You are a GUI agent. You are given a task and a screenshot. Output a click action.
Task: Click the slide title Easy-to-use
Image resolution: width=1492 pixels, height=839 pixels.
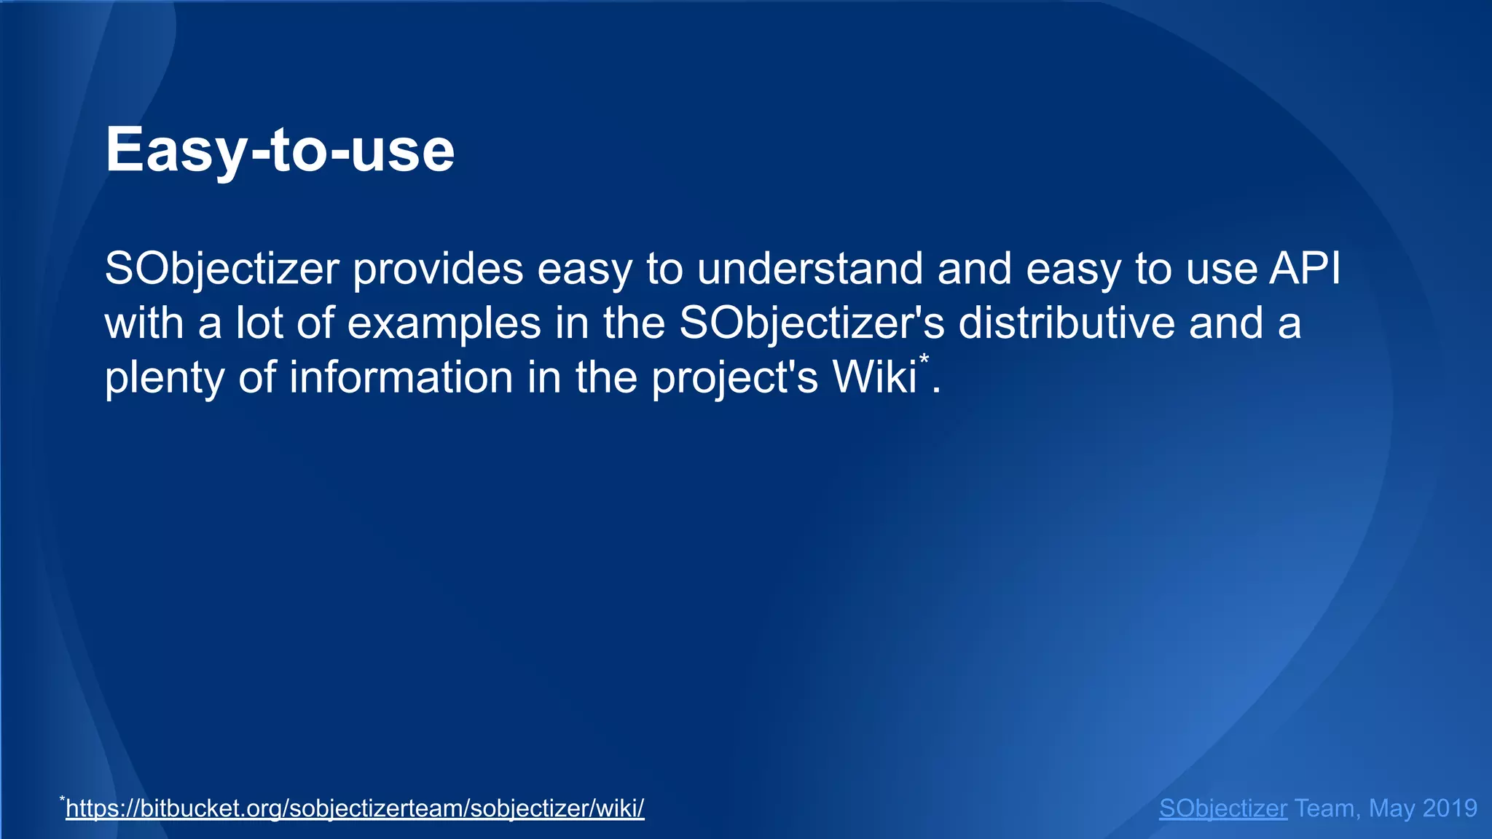[280, 150]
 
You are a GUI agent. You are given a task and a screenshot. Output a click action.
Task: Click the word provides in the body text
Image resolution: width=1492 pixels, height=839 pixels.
[439, 269]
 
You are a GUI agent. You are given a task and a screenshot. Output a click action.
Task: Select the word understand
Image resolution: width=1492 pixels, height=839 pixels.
[810, 269]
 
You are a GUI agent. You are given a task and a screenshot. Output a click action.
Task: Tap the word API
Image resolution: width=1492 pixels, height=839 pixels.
[1305, 269]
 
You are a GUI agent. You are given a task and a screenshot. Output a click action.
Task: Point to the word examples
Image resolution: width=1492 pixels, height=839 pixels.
[444, 323]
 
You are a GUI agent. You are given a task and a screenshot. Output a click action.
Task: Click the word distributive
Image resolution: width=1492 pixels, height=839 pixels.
[1066, 323]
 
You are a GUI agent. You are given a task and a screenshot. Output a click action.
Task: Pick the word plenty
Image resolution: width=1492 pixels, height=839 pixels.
[165, 378]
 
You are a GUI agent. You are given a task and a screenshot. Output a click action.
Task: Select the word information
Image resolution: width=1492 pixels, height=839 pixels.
[401, 378]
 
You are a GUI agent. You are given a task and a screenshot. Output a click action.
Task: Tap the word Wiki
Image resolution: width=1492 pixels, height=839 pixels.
[874, 378]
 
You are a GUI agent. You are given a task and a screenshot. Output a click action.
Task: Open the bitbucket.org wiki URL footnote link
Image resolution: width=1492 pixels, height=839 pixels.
[355, 808]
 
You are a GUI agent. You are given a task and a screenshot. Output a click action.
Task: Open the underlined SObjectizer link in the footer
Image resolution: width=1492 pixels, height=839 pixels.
[1222, 808]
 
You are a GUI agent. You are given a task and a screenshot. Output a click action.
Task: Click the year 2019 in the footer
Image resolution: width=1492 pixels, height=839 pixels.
[1449, 808]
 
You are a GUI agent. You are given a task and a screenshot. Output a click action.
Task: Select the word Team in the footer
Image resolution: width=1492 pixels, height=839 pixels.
[1326, 808]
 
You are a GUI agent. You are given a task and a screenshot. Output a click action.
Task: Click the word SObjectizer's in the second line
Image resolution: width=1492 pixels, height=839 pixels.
[811, 323]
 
